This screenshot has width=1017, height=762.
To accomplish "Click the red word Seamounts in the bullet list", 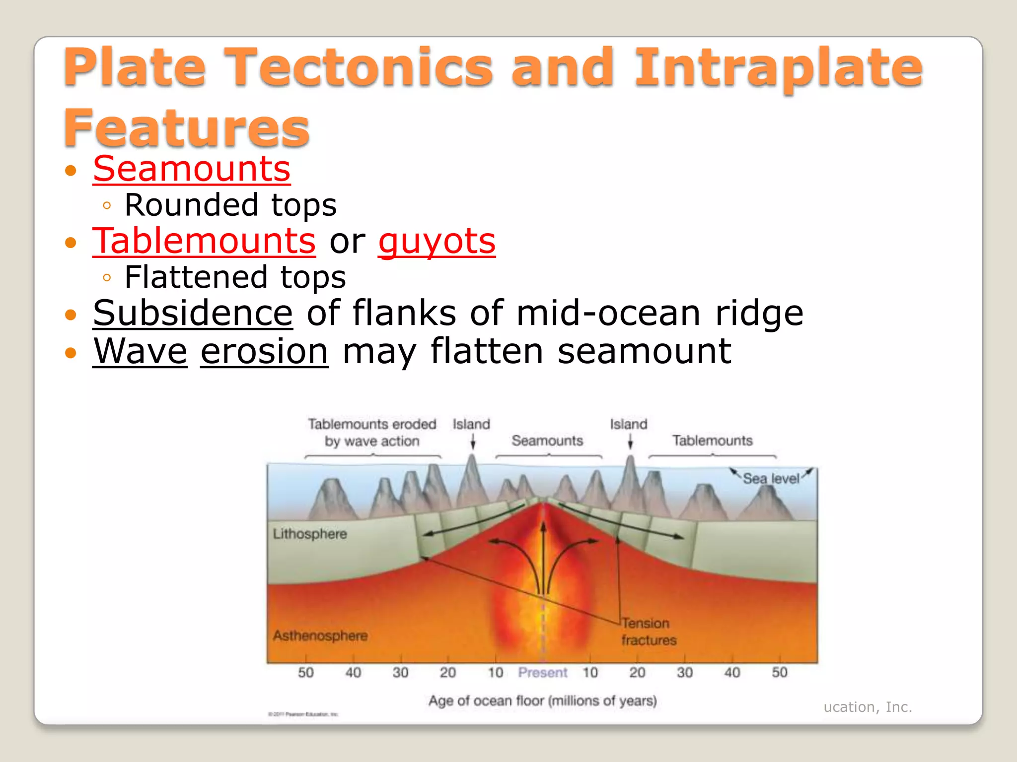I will (191, 169).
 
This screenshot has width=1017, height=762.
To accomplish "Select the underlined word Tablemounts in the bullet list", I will (204, 242).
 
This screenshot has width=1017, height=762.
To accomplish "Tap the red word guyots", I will (436, 242).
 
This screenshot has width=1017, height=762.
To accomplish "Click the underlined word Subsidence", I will (193, 314).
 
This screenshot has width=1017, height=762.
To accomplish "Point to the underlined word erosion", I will (264, 351).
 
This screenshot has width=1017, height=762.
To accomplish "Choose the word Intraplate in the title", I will (778, 67).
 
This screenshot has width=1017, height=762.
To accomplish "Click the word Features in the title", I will (187, 127).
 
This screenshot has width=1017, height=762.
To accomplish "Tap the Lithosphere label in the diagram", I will (310, 534).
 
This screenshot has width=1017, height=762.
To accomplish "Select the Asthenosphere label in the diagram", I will (320, 635).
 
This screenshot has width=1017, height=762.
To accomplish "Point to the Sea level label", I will (771, 478).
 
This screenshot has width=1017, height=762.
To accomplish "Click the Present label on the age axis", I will (542, 672).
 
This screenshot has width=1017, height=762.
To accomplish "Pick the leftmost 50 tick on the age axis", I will (305, 672).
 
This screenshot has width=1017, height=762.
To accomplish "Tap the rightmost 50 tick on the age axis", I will (779, 672).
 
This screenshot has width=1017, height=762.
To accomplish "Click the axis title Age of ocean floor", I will (542, 700).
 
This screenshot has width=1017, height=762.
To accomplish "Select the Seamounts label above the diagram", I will (547, 441).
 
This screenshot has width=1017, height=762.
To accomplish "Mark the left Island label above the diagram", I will (471, 424).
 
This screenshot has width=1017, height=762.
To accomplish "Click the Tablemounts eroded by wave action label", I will (372, 433).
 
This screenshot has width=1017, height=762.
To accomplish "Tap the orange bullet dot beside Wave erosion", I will (71, 353).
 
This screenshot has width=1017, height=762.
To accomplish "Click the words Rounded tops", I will (230, 205).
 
